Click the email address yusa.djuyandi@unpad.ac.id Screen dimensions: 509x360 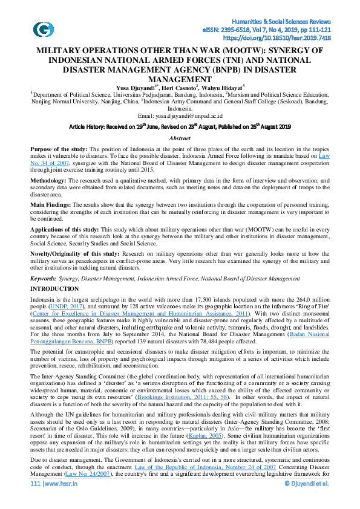(180, 115)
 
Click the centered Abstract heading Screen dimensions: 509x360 (180, 138)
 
